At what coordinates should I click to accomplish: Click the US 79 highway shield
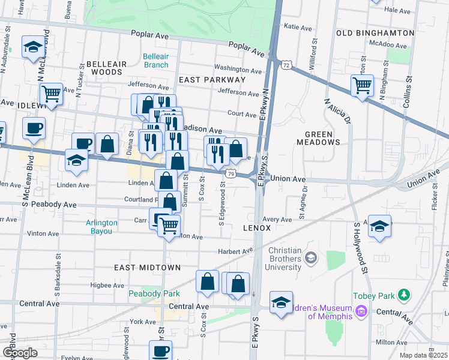tap(231, 173)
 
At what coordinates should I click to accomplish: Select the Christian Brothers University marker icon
tap(310, 258)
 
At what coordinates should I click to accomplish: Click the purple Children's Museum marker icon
tap(360, 311)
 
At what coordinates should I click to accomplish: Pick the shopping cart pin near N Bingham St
tap(362, 85)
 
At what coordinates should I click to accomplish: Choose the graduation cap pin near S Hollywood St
tap(379, 226)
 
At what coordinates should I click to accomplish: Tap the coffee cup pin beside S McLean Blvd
tap(34, 128)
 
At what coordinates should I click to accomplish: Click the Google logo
tap(20, 353)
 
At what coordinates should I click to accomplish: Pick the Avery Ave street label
tap(276, 220)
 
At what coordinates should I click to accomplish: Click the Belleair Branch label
tap(155, 61)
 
